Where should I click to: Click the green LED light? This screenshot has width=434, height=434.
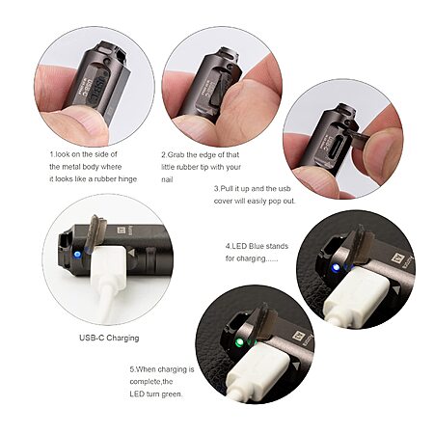tap(238, 343)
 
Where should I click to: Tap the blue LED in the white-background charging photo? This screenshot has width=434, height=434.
tap(77, 255)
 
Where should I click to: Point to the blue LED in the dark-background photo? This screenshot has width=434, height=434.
tap(336, 267)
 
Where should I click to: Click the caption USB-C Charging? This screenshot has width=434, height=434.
tap(109, 338)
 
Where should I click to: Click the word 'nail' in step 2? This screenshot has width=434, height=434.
tap(167, 179)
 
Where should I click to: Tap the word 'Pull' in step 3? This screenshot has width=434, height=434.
tap(228, 189)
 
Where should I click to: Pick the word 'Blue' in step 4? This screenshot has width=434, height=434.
tap(257, 246)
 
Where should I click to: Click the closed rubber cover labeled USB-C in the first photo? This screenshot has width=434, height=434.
tap(96, 87)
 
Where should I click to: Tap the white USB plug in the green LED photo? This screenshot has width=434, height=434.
tap(253, 368)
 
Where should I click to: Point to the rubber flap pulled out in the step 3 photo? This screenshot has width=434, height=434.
tap(359, 135)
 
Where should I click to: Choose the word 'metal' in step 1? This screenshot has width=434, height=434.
tap(71, 167)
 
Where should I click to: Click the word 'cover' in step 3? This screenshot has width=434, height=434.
tap(223, 202)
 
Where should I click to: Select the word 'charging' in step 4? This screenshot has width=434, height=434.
tap(252, 258)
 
